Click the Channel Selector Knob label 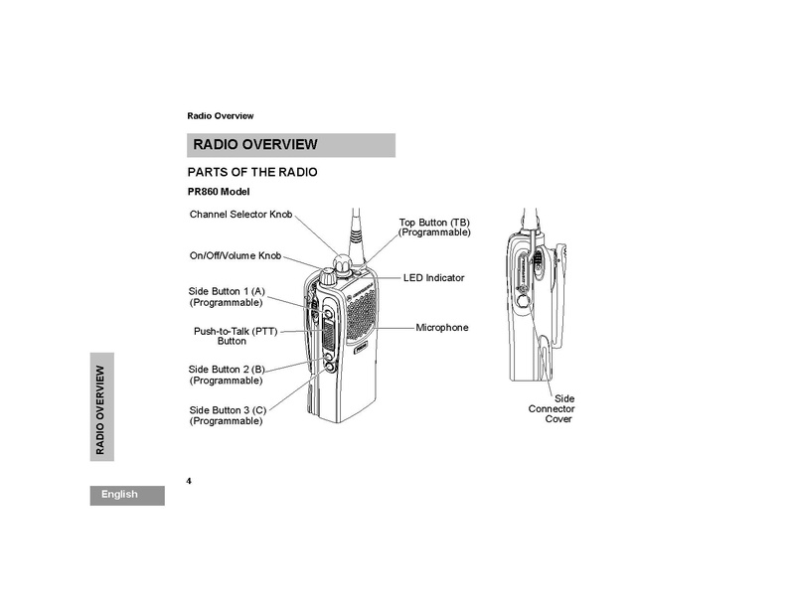(240, 214)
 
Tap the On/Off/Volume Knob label (236, 255)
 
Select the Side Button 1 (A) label (227, 297)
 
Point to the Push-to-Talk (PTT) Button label (236, 336)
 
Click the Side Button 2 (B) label (227, 375)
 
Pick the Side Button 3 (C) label (228, 415)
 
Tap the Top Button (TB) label (434, 228)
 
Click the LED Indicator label (434, 278)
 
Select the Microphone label (442, 328)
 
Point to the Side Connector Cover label (552, 408)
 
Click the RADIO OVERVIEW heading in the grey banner (255, 144)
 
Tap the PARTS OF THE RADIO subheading (252, 173)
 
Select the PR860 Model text (219, 192)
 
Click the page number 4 (189, 481)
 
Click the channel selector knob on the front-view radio (342, 264)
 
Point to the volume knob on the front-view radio (327, 277)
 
